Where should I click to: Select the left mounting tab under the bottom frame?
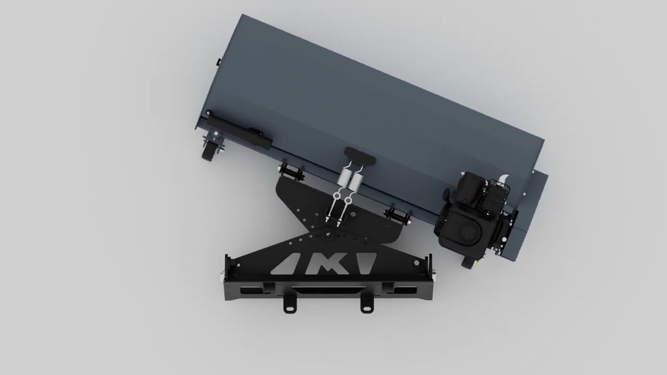[290, 305]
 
